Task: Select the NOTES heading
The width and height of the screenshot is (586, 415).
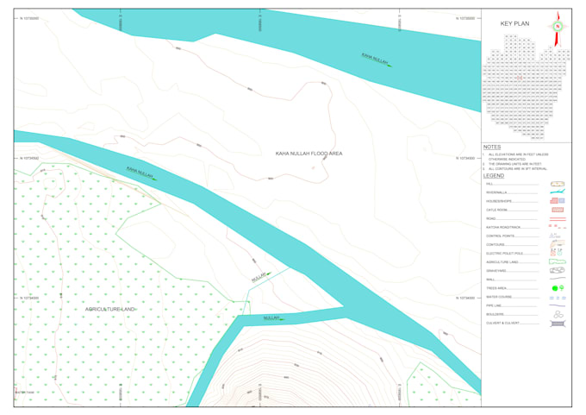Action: (492, 148)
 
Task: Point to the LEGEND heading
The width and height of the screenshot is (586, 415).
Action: (494, 175)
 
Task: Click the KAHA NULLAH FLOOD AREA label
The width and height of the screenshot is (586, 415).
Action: (309, 154)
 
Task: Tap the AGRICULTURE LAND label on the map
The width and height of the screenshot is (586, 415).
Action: (111, 308)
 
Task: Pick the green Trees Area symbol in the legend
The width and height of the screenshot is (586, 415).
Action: (558, 287)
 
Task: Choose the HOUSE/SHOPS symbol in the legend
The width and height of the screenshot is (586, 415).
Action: (558, 201)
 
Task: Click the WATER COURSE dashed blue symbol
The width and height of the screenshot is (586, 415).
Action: (558, 297)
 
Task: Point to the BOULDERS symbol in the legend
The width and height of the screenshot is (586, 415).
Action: (558, 315)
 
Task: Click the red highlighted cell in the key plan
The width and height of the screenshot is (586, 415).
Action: (520, 78)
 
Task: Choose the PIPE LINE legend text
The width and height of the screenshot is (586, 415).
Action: (494, 305)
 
